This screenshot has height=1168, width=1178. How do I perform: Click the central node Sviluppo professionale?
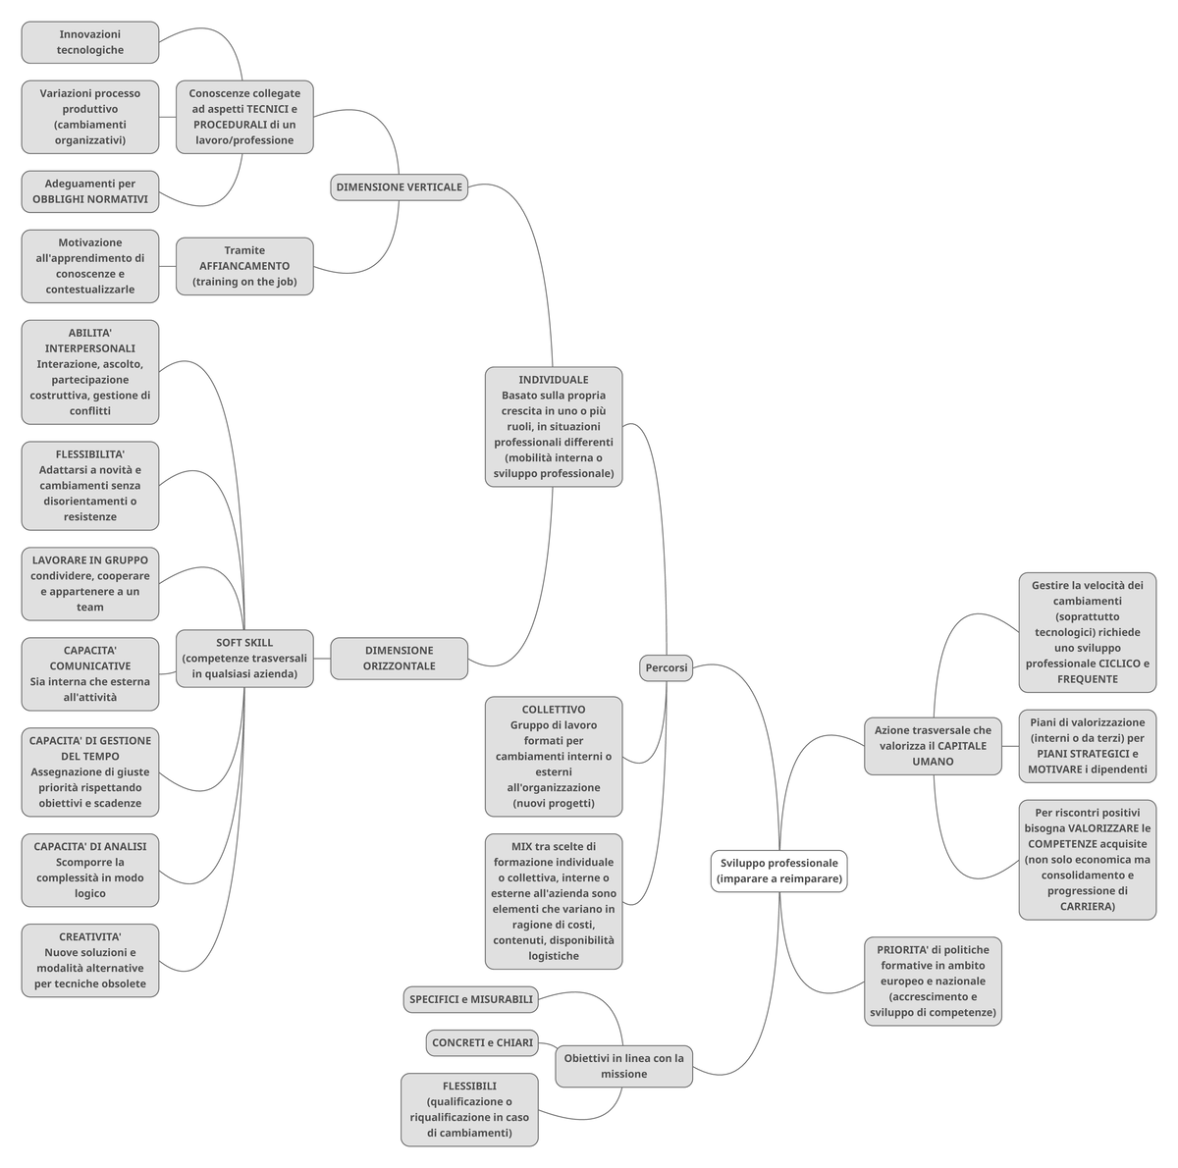point(778,871)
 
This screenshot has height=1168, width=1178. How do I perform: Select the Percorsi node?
point(666,667)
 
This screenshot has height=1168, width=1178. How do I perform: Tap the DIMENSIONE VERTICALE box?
point(399,186)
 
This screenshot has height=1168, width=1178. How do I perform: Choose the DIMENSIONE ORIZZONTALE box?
point(399,658)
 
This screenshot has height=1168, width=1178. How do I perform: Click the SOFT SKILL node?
point(244,659)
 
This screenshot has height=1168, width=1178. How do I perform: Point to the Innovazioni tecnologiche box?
point(89,42)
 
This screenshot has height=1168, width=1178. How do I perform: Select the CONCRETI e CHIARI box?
point(482,1042)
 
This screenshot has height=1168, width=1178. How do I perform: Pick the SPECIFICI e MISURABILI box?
point(470,999)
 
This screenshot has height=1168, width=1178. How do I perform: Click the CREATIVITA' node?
point(89,960)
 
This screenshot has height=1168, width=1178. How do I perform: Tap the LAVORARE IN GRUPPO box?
point(89,583)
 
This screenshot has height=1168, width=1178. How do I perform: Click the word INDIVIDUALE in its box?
point(554,380)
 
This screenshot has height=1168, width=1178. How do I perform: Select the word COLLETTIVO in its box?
point(554,710)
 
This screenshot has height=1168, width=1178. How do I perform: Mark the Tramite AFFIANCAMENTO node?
point(244,266)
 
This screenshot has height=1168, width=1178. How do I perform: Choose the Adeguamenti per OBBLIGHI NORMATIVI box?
point(89,191)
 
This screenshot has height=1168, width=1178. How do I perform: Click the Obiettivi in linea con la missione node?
point(623,1065)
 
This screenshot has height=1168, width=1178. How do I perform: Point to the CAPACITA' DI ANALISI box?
point(89,870)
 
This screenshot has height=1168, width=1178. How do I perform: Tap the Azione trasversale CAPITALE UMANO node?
point(933,745)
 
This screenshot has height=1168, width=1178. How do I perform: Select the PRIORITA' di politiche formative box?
point(933,981)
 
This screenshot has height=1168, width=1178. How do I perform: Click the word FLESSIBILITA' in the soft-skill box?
point(89,454)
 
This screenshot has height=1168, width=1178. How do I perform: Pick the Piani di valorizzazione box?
point(1087,745)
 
